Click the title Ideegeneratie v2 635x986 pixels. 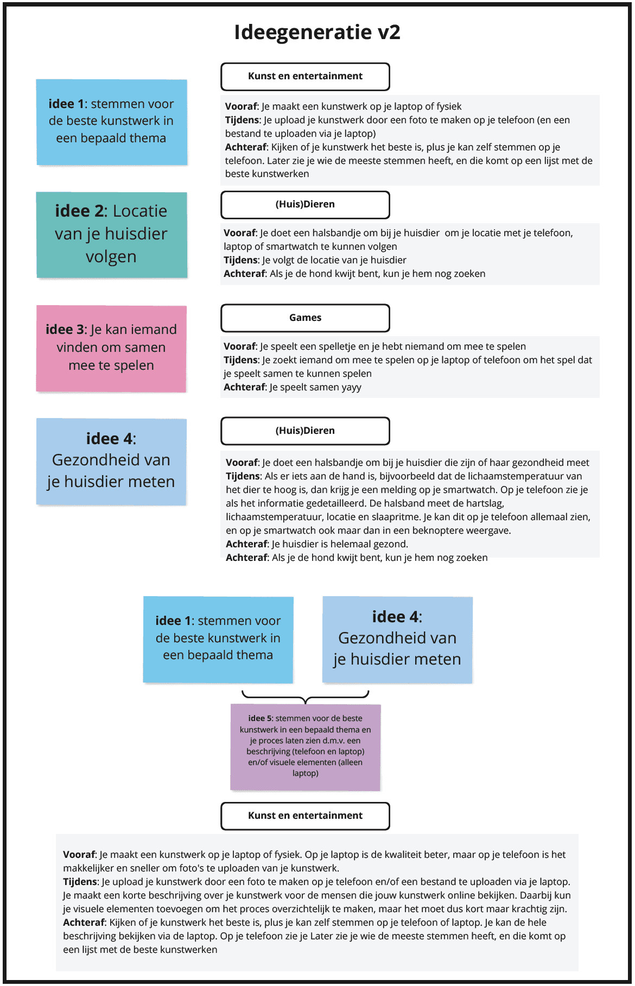click(317, 32)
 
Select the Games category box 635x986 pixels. click(305, 318)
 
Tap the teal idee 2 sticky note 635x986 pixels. click(112, 235)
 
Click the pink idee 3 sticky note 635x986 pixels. click(111, 348)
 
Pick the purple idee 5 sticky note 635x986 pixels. click(306, 747)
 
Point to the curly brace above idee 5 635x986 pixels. click(306, 697)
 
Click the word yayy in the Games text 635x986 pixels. click(351, 387)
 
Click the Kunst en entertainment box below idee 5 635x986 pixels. click(305, 816)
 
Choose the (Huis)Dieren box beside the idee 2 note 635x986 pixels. click(305, 205)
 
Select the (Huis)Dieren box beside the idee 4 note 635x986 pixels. click(305, 431)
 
